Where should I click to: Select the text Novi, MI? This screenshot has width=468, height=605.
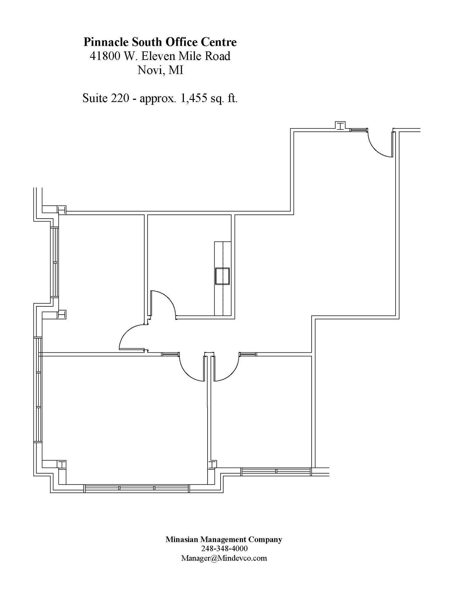[160, 70]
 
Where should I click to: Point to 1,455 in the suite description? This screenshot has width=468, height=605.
[193, 98]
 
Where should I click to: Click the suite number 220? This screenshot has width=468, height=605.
[120, 98]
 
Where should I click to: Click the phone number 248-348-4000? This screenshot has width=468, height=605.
[224, 548]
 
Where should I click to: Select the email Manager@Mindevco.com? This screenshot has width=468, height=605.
[224, 558]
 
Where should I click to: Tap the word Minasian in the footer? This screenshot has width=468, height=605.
[182, 539]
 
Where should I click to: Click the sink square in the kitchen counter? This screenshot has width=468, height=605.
[222, 276]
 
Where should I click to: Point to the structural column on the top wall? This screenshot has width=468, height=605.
[340, 126]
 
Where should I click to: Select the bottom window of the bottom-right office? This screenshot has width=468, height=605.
[276, 471]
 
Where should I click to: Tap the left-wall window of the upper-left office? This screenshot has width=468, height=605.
[54, 262]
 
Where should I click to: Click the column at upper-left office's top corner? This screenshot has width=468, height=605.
[62, 210]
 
